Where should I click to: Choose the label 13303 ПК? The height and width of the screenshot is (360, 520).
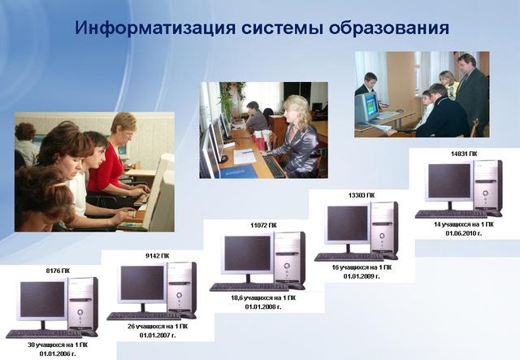(x=361, y=195)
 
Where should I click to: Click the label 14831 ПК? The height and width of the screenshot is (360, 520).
(x=463, y=153)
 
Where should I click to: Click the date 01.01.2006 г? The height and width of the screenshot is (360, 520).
(x=54, y=353)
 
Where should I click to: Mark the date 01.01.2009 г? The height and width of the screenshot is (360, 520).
(x=362, y=276)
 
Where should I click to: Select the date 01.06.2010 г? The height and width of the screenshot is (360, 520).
(x=463, y=232)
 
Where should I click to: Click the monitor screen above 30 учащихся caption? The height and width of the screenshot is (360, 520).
(x=42, y=300)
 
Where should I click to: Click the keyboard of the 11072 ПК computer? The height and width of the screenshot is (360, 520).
(x=248, y=287)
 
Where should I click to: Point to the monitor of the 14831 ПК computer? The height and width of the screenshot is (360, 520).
(x=449, y=181)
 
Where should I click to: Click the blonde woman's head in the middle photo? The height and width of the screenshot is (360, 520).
(x=296, y=108)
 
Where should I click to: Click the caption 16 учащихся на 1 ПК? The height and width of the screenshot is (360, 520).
(x=362, y=267)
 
